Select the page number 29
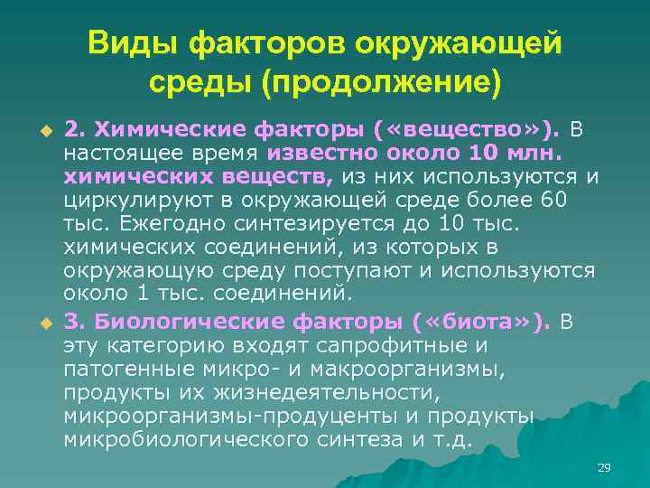click(604, 467)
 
